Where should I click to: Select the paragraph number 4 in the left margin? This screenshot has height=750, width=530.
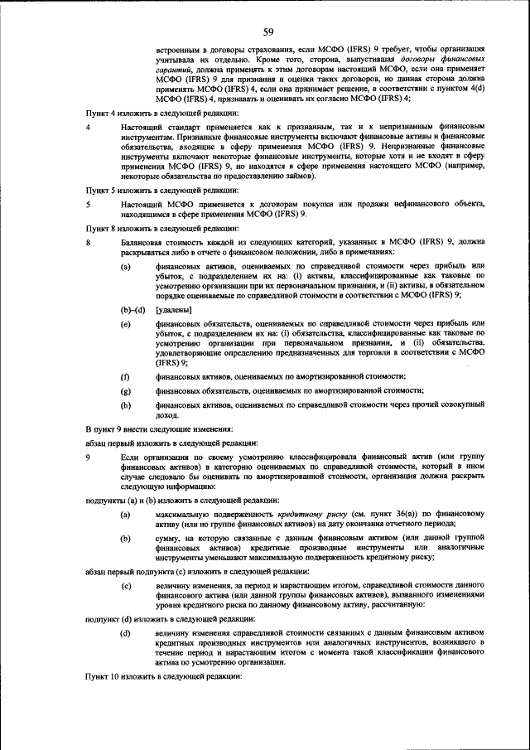(89, 127)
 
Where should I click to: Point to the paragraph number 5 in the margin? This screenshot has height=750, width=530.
(89, 203)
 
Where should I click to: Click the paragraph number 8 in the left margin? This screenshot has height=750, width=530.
(89, 241)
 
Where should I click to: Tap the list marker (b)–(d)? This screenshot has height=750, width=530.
(132, 310)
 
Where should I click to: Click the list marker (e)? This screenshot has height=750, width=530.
(126, 324)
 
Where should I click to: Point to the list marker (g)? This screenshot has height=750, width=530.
(126, 390)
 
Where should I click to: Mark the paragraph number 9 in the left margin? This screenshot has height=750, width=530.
(89, 457)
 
